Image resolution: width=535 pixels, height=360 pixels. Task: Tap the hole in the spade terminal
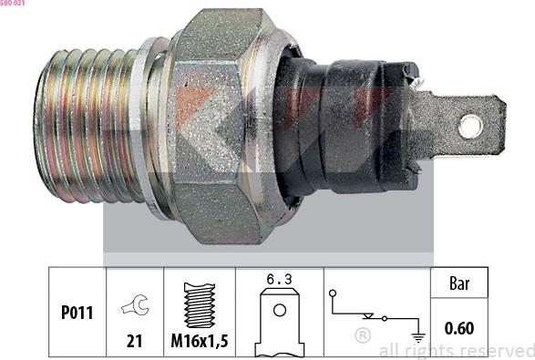(x=471, y=125)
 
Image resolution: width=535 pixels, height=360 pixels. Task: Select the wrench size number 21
(x=133, y=341)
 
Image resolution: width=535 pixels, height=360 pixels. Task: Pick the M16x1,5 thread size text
(x=199, y=341)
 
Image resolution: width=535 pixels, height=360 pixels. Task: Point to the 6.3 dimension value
(x=279, y=280)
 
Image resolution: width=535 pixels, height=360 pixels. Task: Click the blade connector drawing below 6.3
(x=279, y=324)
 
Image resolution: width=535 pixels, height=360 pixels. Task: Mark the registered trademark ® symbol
(x=363, y=336)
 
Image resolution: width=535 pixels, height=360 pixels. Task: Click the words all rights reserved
(x=456, y=350)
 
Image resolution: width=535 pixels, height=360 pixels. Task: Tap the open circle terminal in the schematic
(x=334, y=293)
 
